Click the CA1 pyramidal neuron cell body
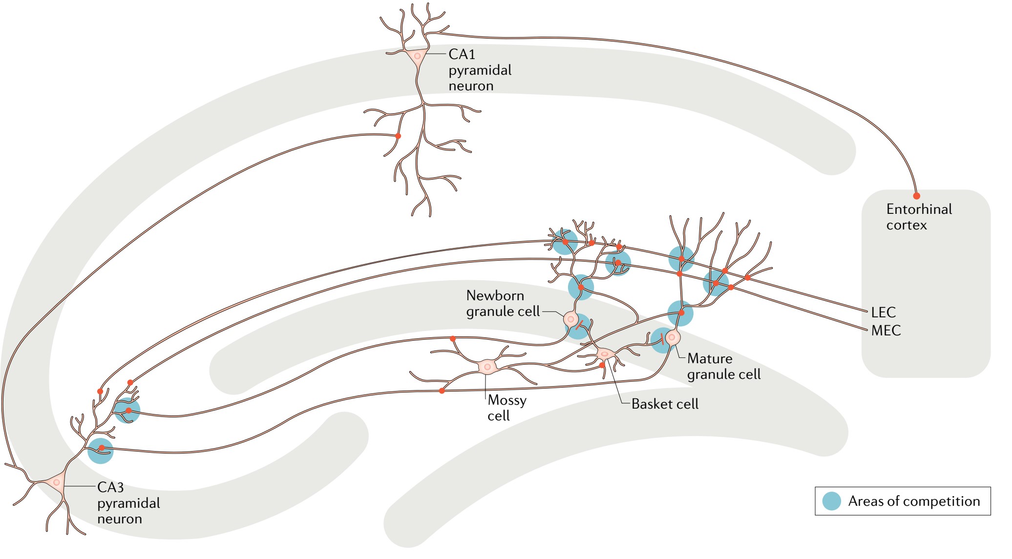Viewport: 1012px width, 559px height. click(x=417, y=56)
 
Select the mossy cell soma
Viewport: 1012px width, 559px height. click(x=487, y=367)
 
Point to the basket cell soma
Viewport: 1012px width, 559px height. click(x=605, y=353)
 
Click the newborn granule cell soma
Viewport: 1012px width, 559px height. click(x=570, y=319)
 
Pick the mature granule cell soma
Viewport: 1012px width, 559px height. click(x=673, y=337)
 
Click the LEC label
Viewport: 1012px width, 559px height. click(x=883, y=312)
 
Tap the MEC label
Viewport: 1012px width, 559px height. click(x=885, y=331)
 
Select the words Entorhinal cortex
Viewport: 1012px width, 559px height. click(x=919, y=217)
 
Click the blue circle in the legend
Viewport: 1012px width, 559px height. click(x=831, y=501)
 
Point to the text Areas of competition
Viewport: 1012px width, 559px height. click(x=914, y=501)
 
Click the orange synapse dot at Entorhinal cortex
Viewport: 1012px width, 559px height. click(x=916, y=196)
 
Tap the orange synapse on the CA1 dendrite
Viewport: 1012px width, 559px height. click(x=398, y=136)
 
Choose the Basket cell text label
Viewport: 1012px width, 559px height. click(x=664, y=404)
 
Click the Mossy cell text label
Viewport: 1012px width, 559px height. click(x=506, y=408)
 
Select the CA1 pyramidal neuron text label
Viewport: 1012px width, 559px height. click(x=479, y=70)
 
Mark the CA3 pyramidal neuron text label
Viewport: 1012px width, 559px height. click(x=128, y=503)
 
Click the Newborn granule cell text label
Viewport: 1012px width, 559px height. click(x=502, y=303)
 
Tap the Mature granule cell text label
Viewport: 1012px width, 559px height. click(x=723, y=366)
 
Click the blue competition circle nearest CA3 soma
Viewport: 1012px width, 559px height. click(x=100, y=451)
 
